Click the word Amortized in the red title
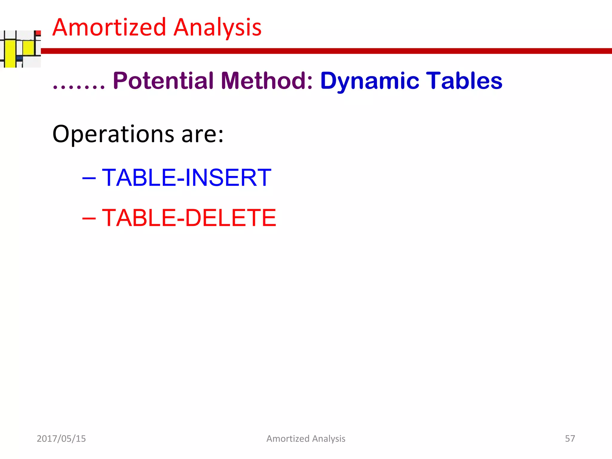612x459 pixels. click(109, 27)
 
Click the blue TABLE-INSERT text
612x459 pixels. click(186, 178)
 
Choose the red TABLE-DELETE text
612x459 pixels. click(189, 218)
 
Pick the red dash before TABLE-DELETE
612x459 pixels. click(89, 218)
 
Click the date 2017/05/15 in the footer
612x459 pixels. click(61, 439)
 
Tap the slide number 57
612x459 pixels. click(570, 438)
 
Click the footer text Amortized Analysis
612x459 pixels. click(306, 439)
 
